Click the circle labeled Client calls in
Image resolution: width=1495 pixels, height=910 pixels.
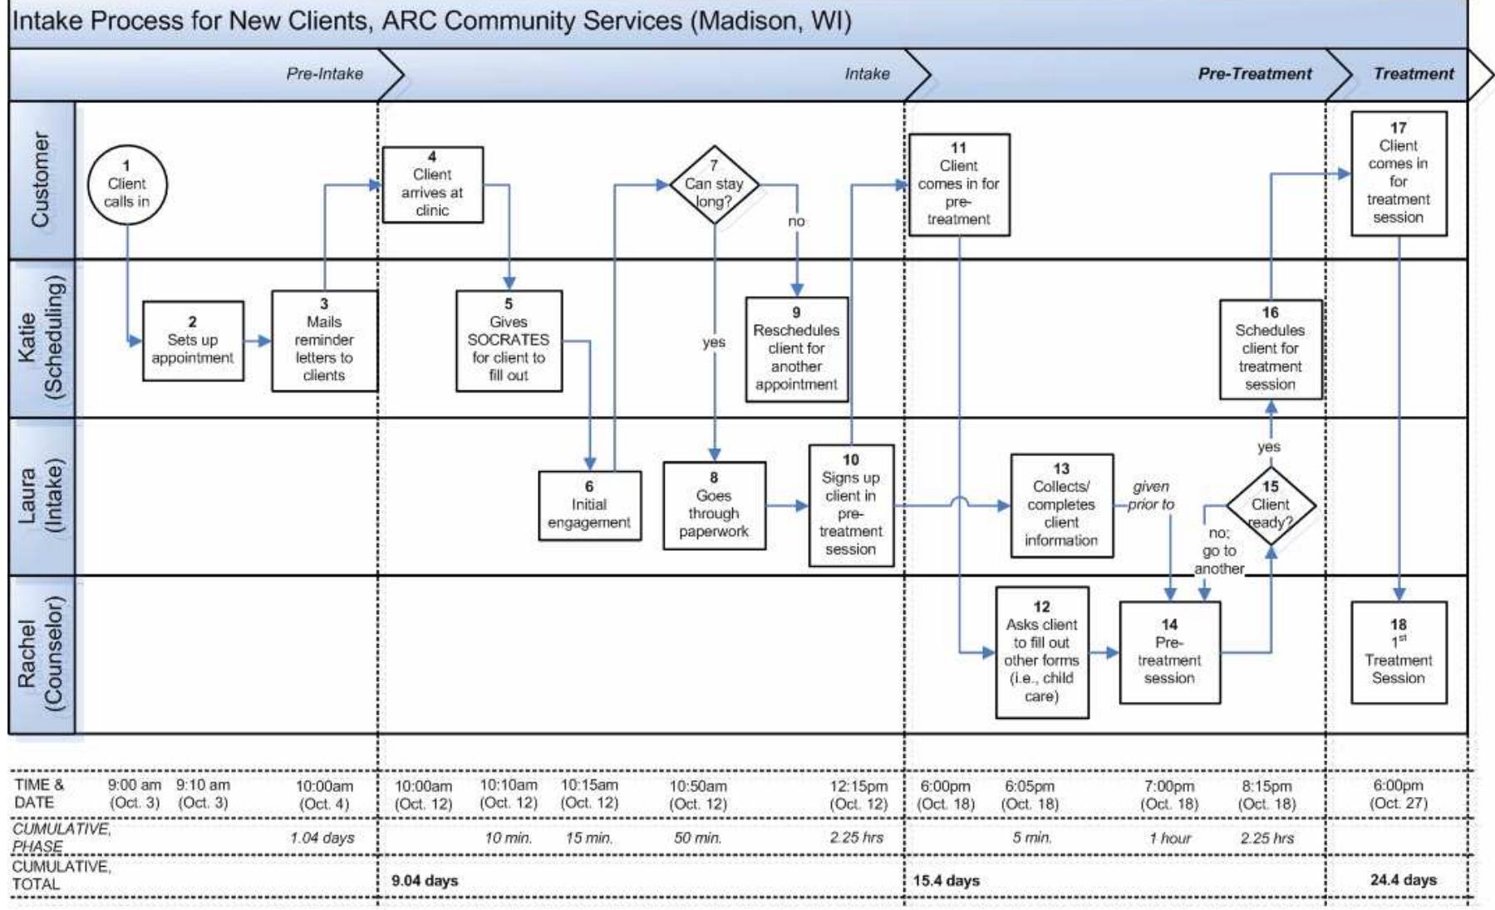pos(127,184)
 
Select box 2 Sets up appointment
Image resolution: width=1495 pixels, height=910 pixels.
pos(193,341)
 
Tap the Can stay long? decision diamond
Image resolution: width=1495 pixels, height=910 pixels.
pos(714,184)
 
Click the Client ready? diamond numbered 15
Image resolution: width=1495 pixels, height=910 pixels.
pos(1271,505)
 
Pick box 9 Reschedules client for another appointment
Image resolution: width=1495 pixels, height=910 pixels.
pos(796,349)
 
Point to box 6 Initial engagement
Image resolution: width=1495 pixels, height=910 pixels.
pos(589,505)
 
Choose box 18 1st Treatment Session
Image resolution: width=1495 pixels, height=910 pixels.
pos(1398,652)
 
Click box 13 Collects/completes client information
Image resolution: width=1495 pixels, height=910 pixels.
pos(1061,505)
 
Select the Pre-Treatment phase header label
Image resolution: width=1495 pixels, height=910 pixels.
pos(1254,74)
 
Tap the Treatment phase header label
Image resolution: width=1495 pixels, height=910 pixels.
pos(1413,74)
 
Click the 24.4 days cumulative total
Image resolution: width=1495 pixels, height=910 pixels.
pos(1403,879)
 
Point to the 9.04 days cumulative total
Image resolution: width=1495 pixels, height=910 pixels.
pos(425,880)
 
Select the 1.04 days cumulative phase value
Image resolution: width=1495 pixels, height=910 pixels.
pos(322,838)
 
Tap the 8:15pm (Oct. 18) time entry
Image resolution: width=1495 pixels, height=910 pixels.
pos(1266,794)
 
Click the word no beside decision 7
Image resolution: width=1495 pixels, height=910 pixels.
pos(796,221)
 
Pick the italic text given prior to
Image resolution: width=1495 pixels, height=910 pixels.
pos(1151,495)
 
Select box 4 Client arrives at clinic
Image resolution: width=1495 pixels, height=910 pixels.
pos(432,184)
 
